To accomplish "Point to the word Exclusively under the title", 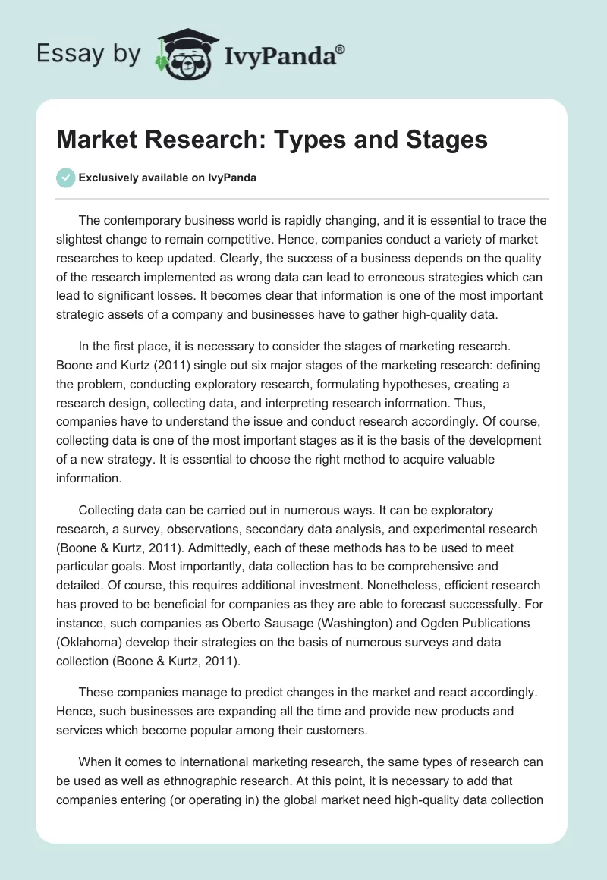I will coord(109,178).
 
